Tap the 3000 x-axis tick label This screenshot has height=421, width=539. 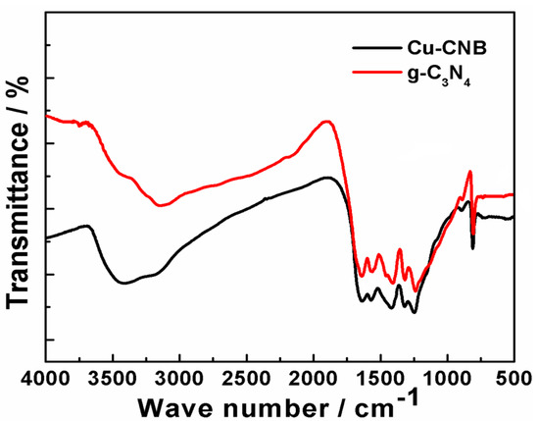tap(179, 378)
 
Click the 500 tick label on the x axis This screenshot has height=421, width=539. tap(512, 378)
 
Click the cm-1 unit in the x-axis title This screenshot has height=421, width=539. tap(376, 402)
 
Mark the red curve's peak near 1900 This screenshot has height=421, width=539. tap(327, 122)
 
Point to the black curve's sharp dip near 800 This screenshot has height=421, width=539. tap(472, 247)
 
